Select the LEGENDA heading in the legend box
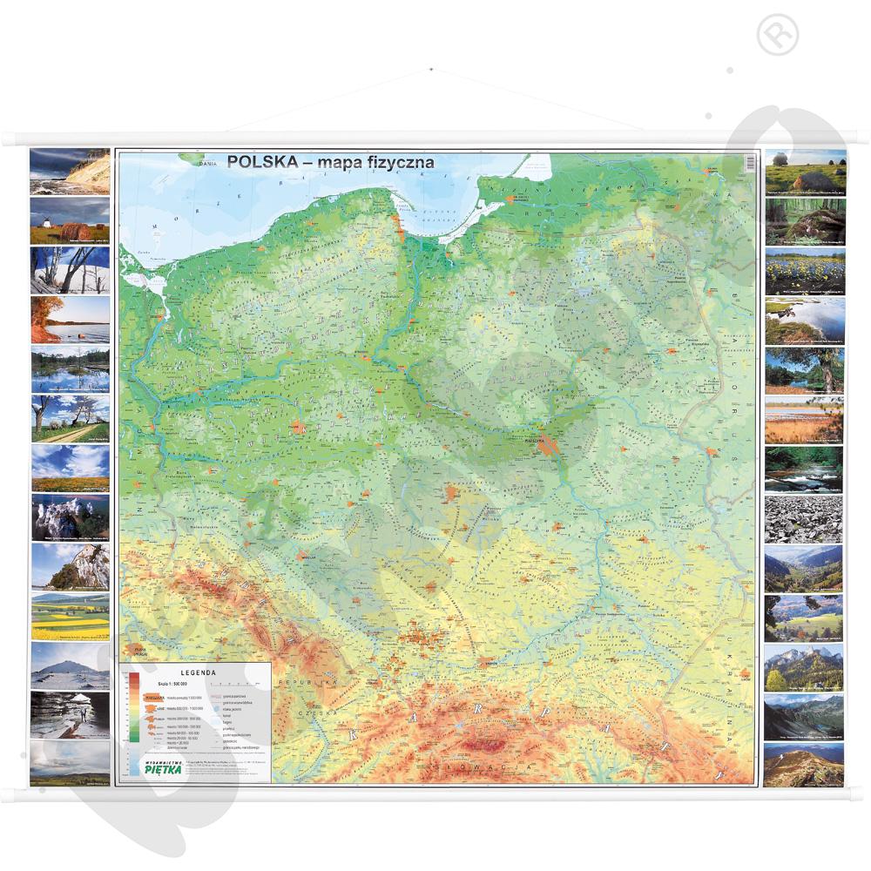[196, 673]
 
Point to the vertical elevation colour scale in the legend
[133, 706]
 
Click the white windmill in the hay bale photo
[41, 212]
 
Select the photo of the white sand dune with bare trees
[70, 269]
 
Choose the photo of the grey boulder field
[804, 519]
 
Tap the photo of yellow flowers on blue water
[804, 272]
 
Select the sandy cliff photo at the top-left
[70, 171]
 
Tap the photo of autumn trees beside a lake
[70, 320]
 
